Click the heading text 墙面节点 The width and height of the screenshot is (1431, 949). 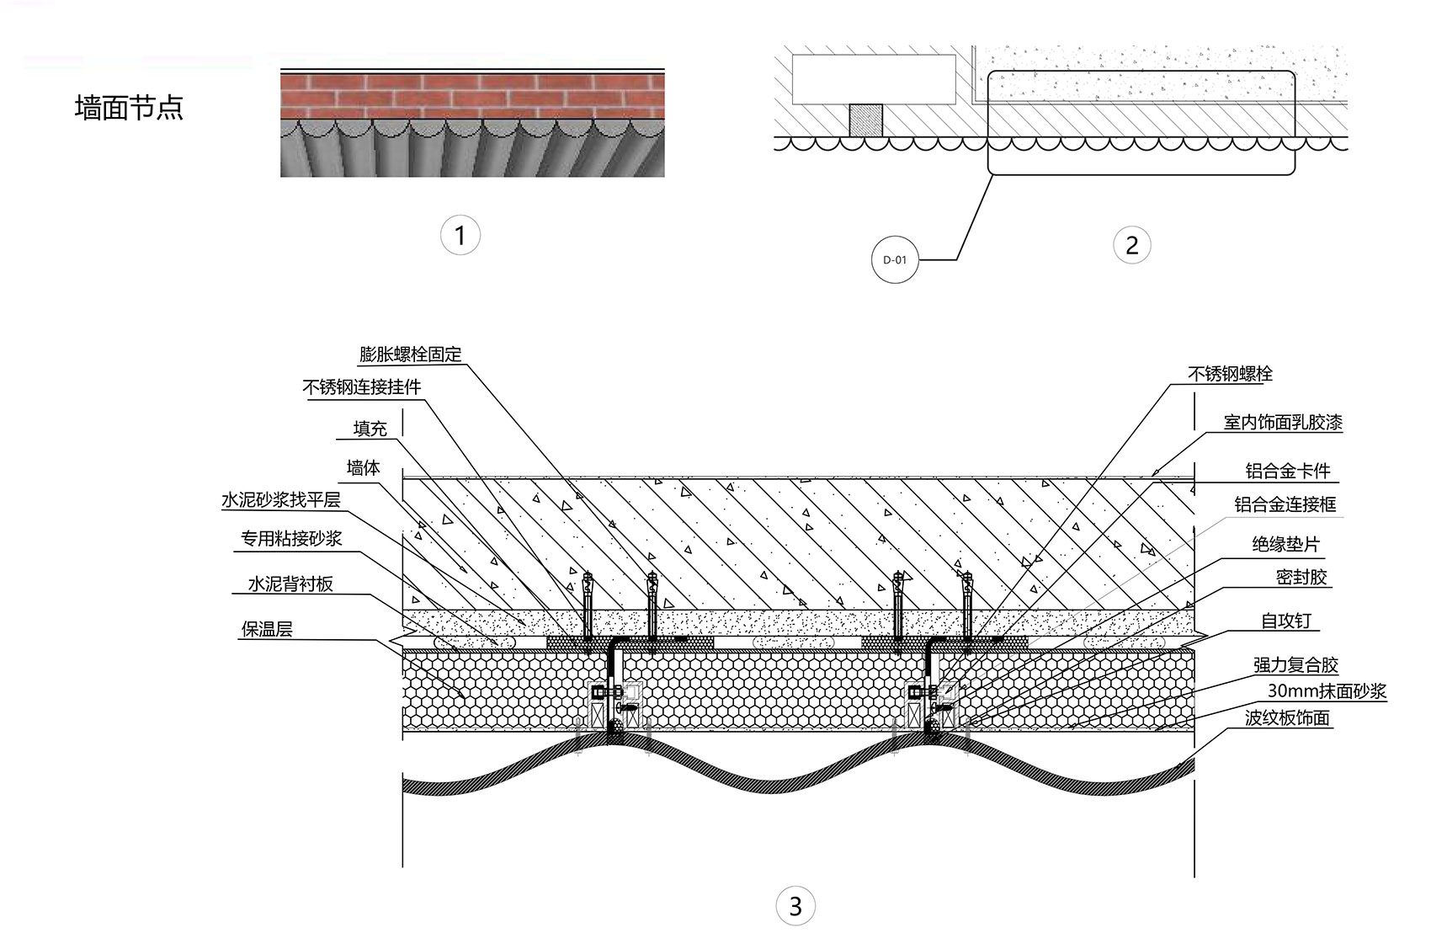coord(129,107)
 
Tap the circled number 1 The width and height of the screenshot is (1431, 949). coord(460,235)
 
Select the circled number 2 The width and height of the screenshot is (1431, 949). coord(1131,245)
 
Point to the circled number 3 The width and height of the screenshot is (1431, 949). coord(795,905)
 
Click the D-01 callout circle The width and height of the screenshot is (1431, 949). coord(894,260)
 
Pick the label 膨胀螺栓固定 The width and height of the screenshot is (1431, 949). coord(410,354)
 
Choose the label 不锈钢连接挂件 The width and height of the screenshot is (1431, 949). coord(362,387)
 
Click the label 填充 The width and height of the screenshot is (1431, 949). coord(370,428)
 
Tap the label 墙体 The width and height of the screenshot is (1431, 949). coord(363,468)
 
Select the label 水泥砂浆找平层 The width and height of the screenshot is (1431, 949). coord(281,499)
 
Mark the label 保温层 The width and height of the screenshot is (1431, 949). coord(266,630)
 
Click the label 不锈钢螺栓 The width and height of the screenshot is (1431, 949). coord(1230,374)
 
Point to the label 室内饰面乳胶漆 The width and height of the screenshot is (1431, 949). coord(1283,423)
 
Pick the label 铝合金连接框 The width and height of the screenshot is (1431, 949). coord(1285,505)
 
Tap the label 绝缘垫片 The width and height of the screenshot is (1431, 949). coord(1285,545)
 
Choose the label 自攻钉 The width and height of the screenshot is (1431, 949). coord(1286,621)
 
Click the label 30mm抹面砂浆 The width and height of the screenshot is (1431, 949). coord(1327,690)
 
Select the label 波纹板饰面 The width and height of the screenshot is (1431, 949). coord(1286,718)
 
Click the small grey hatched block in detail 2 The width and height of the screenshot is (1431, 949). coord(865,120)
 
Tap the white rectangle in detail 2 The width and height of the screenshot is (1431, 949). coord(874,79)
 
